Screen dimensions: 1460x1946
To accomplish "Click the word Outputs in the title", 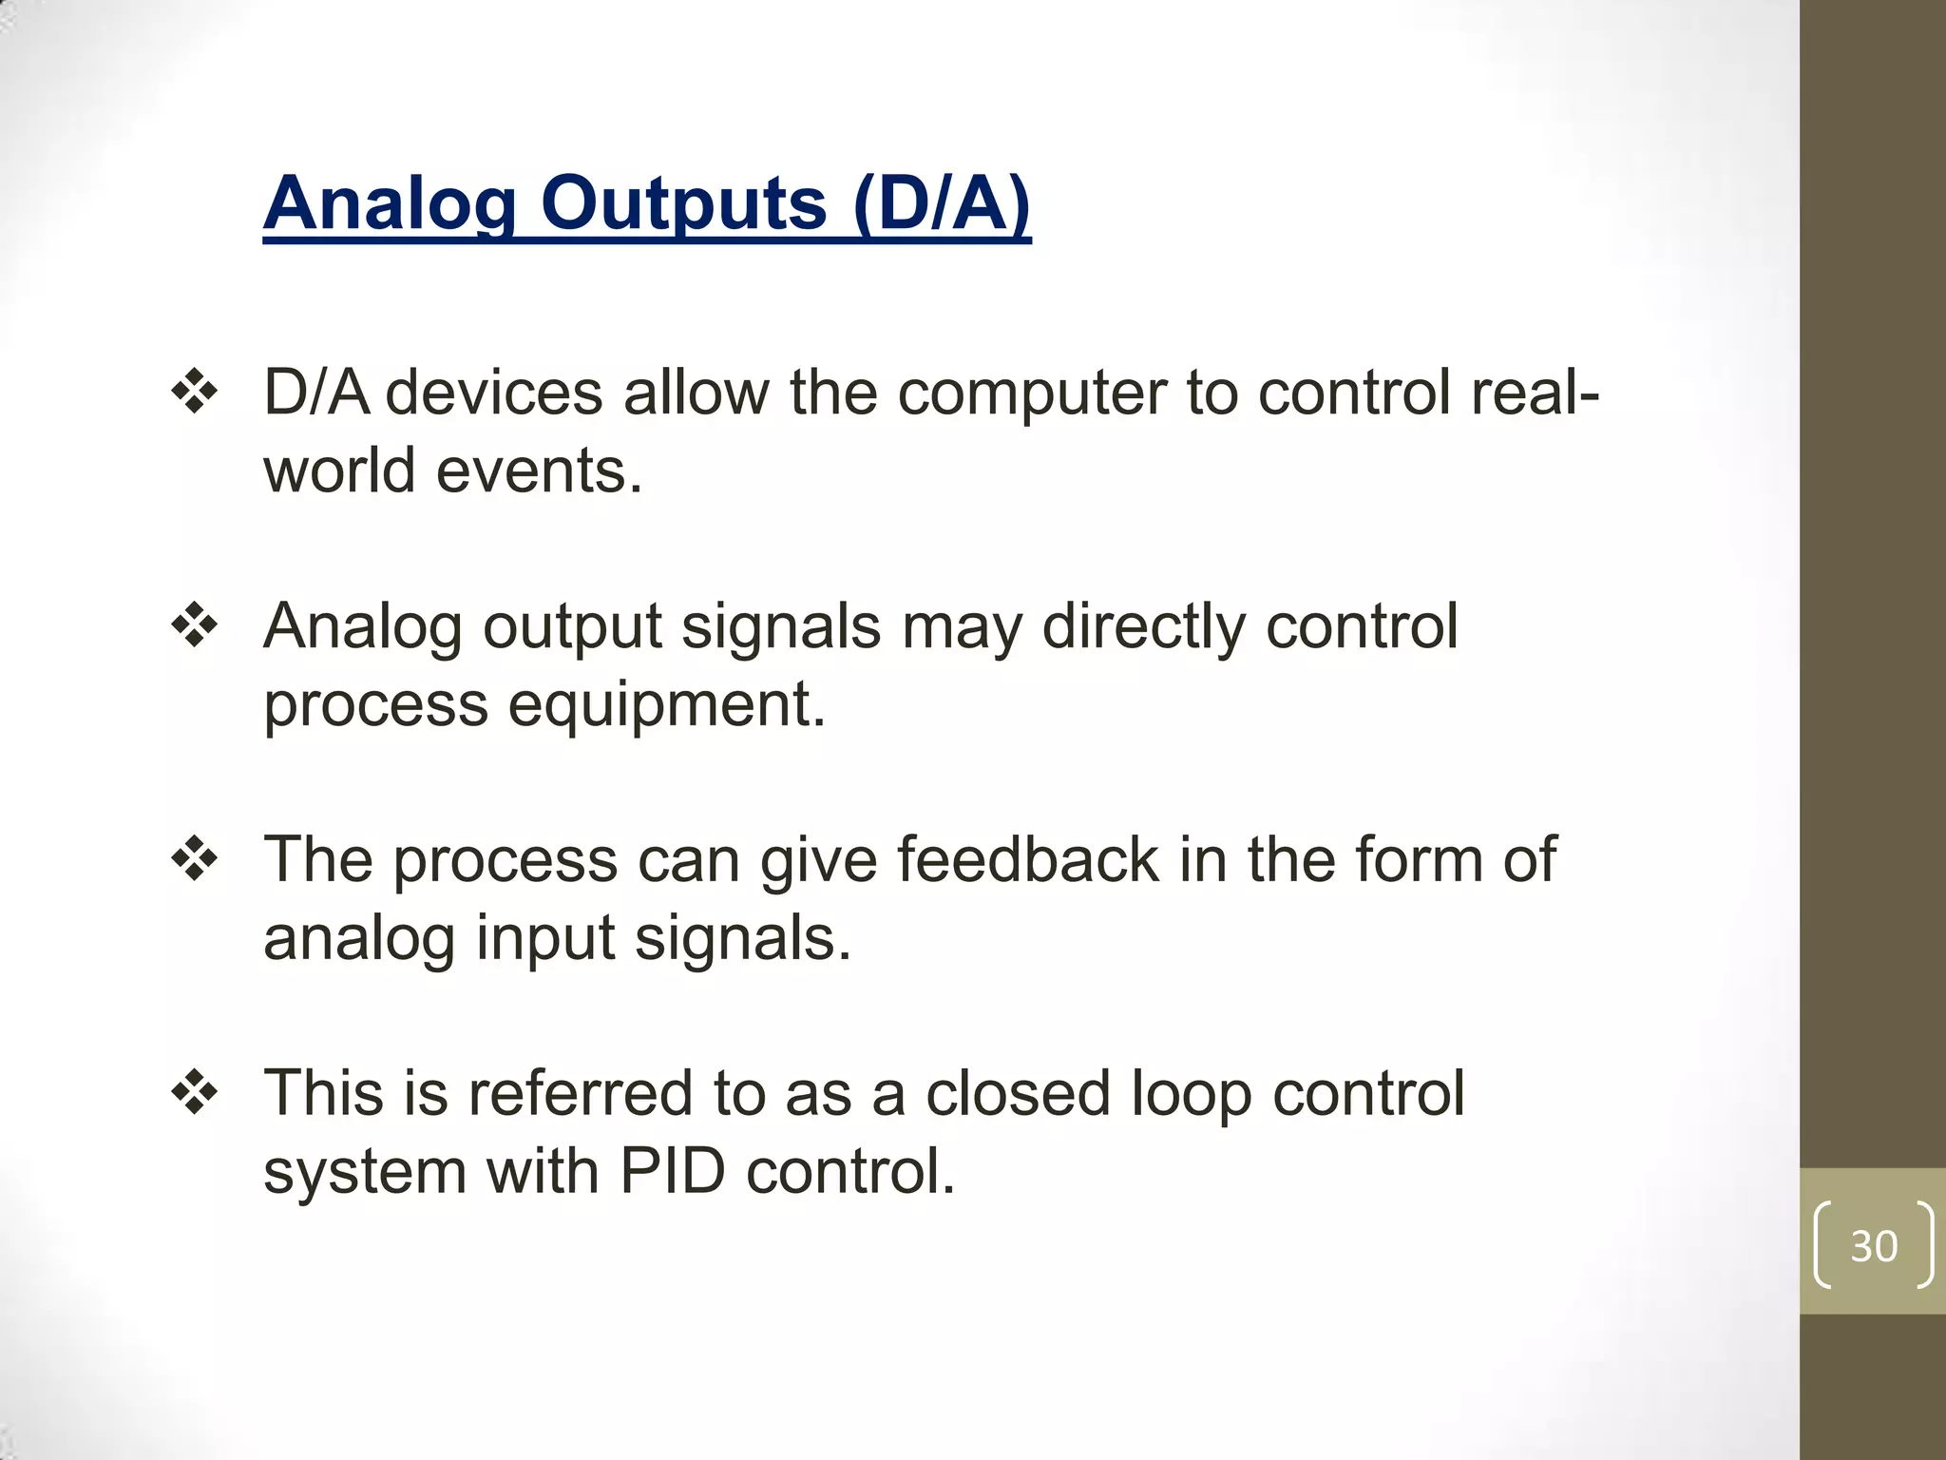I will click(x=683, y=203).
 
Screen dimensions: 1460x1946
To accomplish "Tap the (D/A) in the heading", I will click(x=942, y=203).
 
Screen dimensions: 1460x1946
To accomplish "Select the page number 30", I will click(x=1874, y=1246).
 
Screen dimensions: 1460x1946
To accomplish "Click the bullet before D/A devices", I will click(x=195, y=392).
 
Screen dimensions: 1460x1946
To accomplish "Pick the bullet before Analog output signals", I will click(x=195, y=625).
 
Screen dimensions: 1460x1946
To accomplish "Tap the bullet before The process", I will click(x=195, y=859).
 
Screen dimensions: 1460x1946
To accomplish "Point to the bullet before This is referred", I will click(x=195, y=1093).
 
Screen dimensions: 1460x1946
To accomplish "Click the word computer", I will click(x=1032, y=394).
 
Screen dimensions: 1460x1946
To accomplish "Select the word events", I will click(x=539, y=471).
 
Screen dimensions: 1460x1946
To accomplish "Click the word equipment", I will click(x=666, y=705).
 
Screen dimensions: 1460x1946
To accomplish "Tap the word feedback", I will click(x=1027, y=859).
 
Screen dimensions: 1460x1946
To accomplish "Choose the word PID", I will click(x=673, y=1171).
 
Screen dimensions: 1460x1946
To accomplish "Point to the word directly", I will click(x=1143, y=627).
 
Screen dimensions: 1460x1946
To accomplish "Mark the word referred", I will click(x=580, y=1093).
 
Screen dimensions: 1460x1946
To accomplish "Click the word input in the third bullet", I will click(x=545, y=939).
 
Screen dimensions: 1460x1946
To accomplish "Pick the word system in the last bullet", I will click(x=365, y=1173).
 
